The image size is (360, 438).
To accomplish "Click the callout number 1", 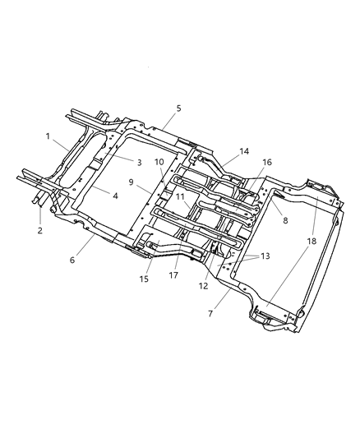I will tap(48, 136).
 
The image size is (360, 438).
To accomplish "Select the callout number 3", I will tap(117, 162).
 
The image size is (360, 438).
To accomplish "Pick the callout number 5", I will tap(178, 108).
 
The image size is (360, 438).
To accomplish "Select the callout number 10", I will tap(159, 162).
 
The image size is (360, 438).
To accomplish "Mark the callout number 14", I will tap(220, 150).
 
